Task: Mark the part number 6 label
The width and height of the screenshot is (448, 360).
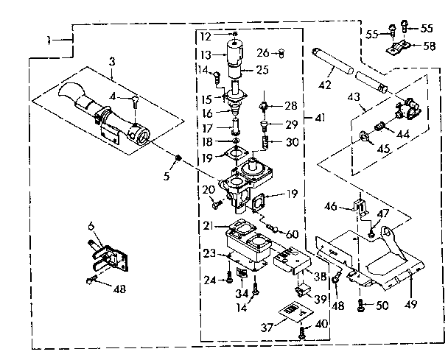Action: pyautogui.click(x=91, y=227)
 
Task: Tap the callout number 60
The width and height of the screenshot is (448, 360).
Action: pyautogui.click(x=293, y=233)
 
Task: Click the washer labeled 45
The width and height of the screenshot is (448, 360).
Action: pyautogui.click(x=365, y=138)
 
